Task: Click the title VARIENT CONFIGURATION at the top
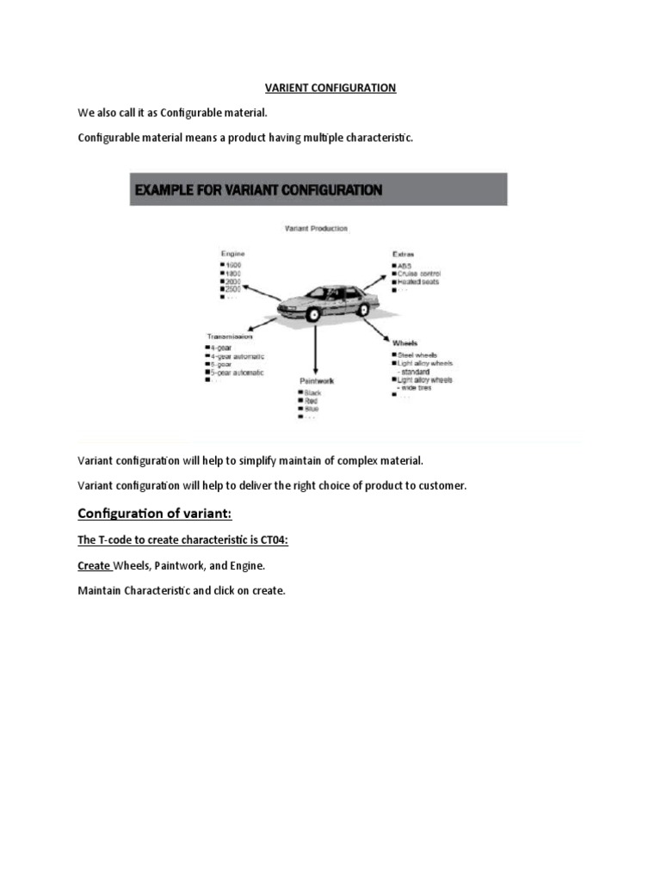click(330, 88)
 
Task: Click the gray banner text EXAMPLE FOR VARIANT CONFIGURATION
click(256, 190)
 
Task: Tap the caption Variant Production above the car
click(316, 228)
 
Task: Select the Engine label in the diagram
click(232, 254)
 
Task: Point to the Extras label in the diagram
click(404, 255)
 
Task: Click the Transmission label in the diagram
click(229, 336)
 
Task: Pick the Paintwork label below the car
click(316, 379)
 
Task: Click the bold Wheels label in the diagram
click(406, 342)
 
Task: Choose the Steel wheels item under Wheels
click(417, 354)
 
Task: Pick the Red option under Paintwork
click(311, 400)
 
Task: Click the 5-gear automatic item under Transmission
click(238, 373)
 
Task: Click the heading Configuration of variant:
click(155, 514)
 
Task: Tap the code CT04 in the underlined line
click(272, 540)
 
